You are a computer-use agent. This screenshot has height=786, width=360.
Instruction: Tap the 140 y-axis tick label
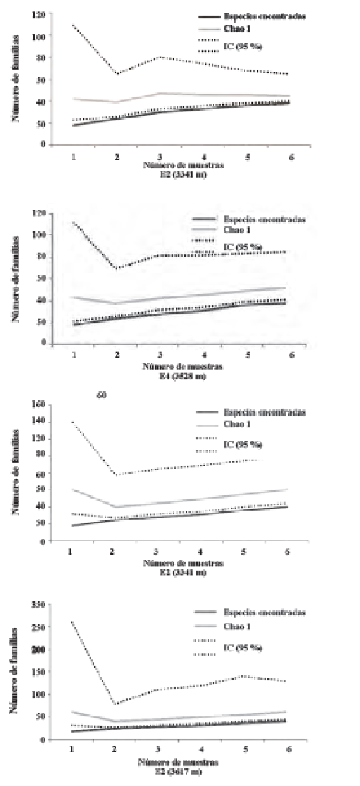click(x=39, y=422)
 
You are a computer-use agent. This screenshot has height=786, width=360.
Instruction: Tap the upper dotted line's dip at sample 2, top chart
click(x=117, y=73)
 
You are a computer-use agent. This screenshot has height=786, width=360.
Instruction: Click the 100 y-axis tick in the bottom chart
click(x=39, y=694)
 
